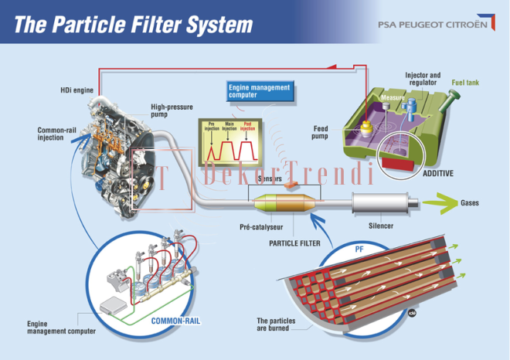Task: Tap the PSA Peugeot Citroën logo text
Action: [432, 24]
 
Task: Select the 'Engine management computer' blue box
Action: [260, 91]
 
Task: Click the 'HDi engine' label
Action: [76, 90]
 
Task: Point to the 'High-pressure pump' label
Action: [171, 110]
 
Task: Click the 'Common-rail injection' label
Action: [56, 134]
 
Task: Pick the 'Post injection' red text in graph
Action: [248, 126]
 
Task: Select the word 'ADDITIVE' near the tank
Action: [437, 173]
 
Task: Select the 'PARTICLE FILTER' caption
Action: [294, 243]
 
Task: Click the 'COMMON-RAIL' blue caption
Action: [176, 319]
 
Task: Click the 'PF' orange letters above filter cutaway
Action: [359, 250]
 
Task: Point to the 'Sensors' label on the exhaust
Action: [269, 178]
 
